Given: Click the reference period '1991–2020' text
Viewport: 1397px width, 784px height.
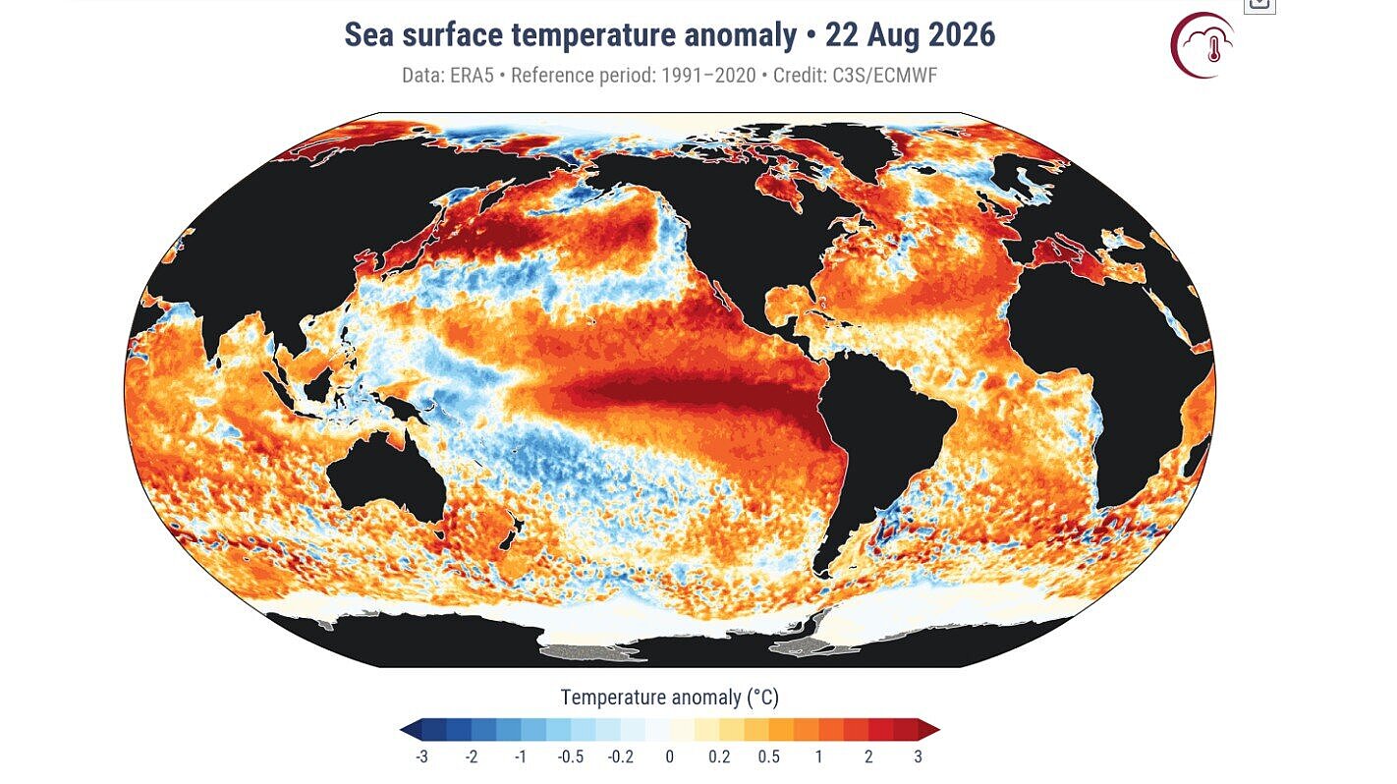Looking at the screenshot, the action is point(708,76).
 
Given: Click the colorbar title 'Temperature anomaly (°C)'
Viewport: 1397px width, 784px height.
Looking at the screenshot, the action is point(670,698).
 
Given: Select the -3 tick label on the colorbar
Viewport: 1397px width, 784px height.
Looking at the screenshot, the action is point(422,756).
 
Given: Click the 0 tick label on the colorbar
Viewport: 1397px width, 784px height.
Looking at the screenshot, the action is point(670,756).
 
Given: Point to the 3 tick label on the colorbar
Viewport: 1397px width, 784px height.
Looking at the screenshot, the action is point(918,756).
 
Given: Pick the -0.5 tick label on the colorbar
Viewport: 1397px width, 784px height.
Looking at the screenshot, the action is point(571,756).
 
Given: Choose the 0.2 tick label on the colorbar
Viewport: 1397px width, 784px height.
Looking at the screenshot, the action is point(719,756).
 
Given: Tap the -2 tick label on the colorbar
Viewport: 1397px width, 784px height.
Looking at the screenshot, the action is point(472,756).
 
